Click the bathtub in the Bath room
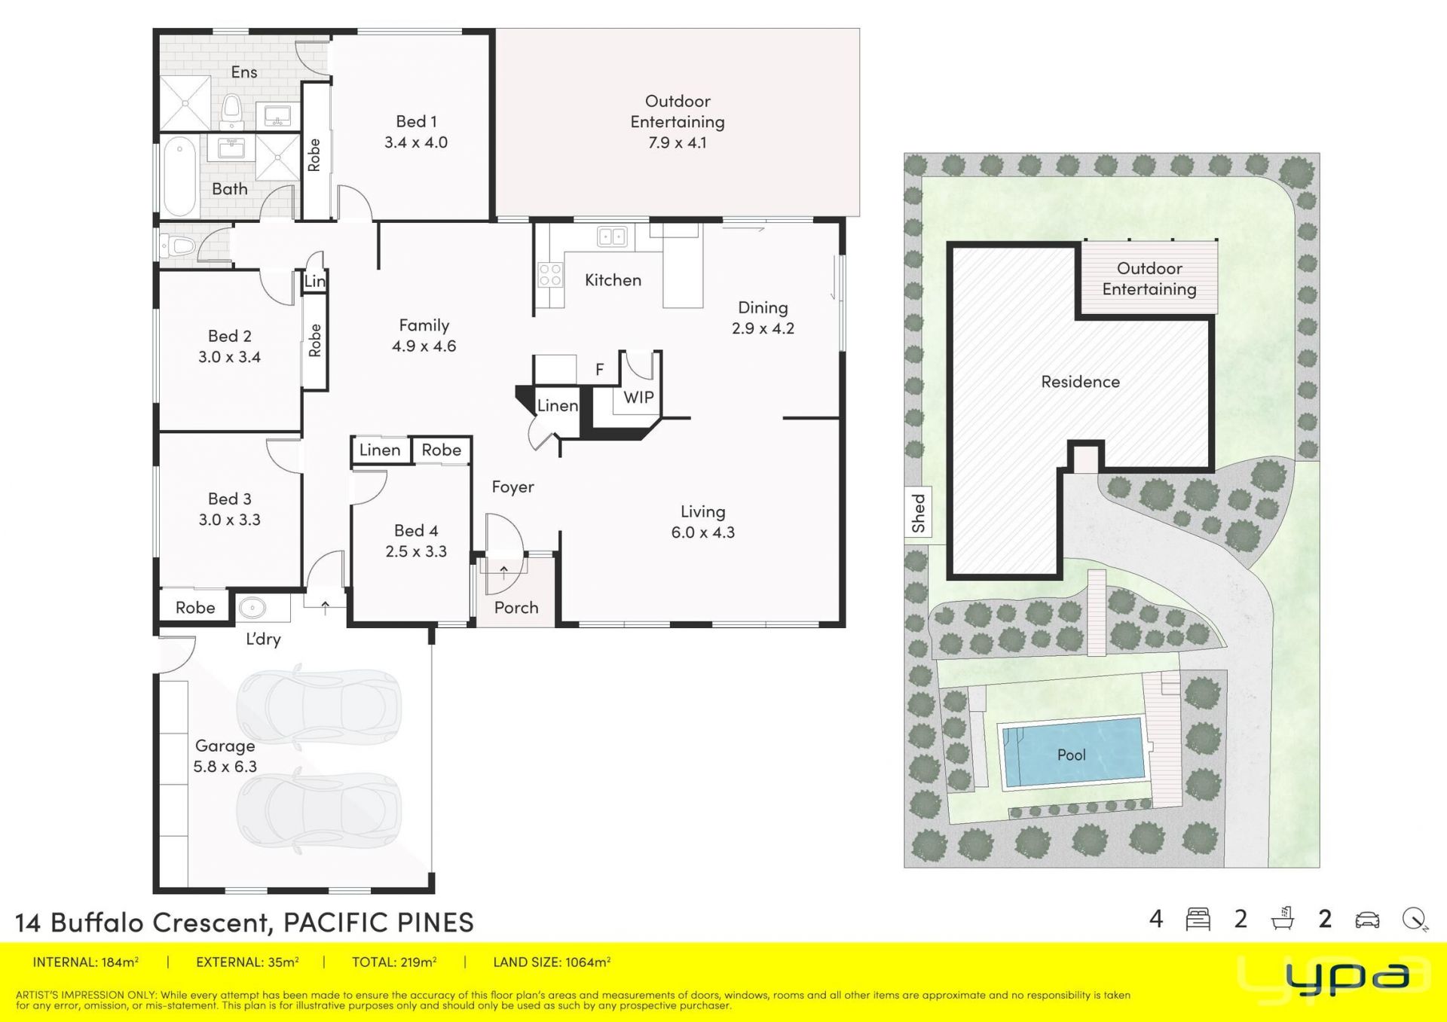pos(179,175)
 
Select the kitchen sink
pos(612,237)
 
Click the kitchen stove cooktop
pos(550,274)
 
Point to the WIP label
pos(638,397)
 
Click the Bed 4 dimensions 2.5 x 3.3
pos(416,551)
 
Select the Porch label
pos(516,607)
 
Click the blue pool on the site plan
pos(1071,753)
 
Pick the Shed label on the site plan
pos(918,514)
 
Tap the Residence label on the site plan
pos(1080,382)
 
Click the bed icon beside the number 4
pos(1198,920)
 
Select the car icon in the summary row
pos(1367,920)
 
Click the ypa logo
pos(1347,977)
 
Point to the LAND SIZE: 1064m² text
pos(552,962)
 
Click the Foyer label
pos(512,487)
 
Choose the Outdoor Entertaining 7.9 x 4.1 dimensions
pos(678,142)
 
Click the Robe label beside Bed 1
pos(314,155)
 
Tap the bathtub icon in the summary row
pos(1282,919)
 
